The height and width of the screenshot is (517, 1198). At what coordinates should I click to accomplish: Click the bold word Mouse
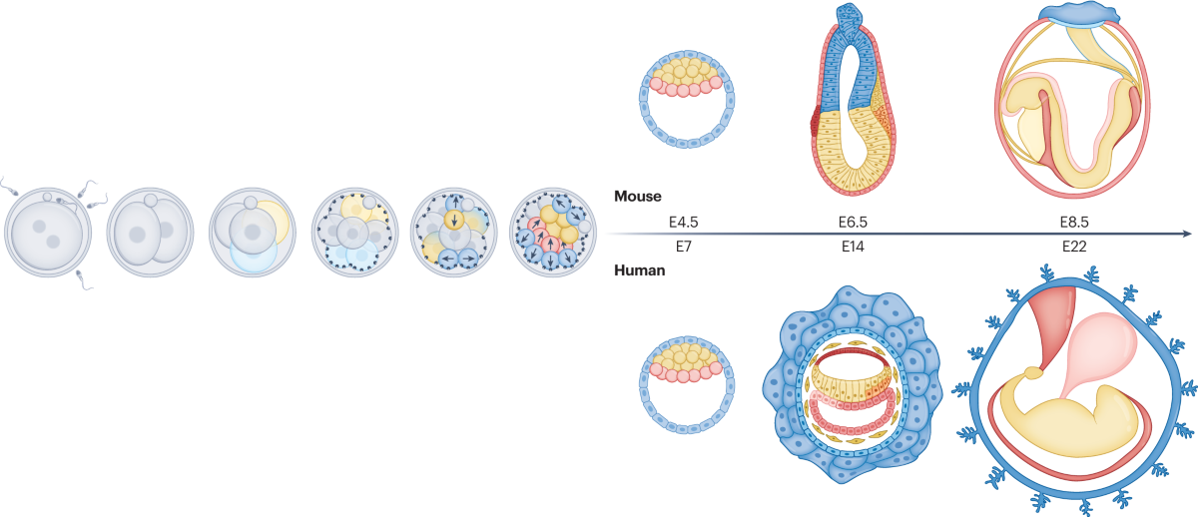coord(638,197)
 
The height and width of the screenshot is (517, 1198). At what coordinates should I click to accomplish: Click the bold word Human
coord(640,268)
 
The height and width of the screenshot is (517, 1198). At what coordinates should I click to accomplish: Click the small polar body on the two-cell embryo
coord(150,201)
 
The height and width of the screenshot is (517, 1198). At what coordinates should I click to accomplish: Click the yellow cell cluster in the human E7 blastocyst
coord(686,355)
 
